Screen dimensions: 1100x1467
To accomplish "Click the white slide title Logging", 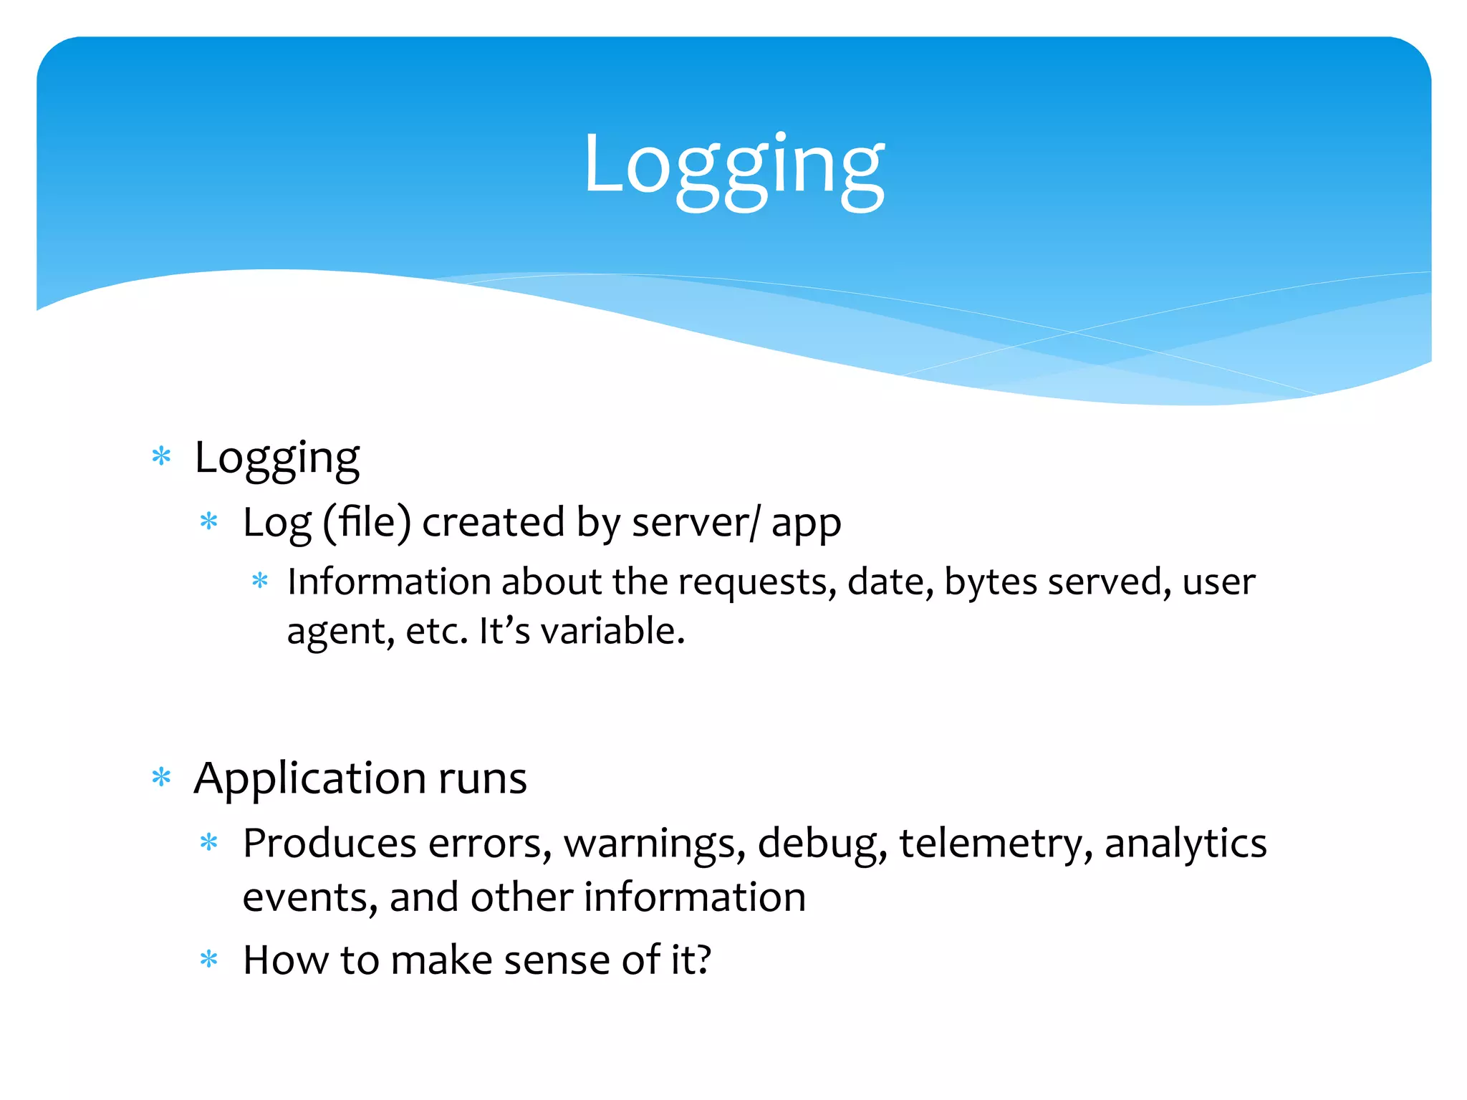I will point(733,168).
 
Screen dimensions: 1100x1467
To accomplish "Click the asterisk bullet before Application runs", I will point(162,778).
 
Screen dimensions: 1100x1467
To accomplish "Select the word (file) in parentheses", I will point(367,522).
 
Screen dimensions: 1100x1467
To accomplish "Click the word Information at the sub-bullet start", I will point(388,582).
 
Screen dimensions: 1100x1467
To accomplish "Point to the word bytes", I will point(990,582).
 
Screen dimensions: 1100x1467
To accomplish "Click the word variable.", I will point(612,632).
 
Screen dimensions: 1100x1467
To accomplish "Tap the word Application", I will point(309,779).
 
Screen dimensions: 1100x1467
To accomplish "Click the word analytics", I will point(1185,844).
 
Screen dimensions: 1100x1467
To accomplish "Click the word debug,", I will point(822,844).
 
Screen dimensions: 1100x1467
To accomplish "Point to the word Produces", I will point(330,844).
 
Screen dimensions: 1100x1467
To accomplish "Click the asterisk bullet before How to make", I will point(209,960).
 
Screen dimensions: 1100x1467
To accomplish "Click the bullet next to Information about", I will point(260,581).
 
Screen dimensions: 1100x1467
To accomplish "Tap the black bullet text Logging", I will point(276,458).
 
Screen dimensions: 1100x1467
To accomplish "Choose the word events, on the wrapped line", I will point(309,898).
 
